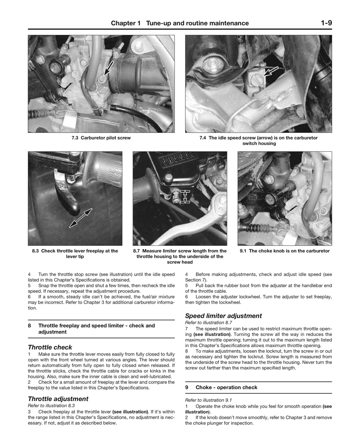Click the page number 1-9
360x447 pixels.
326,23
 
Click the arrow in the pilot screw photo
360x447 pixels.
108,68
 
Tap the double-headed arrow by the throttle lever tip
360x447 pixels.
81,218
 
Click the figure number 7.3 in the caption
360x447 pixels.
75,138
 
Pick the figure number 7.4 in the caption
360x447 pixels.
203,138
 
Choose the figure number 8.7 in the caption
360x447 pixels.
136,251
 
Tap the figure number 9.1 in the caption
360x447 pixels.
243,251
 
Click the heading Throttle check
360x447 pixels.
50,347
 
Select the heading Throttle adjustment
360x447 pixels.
58,399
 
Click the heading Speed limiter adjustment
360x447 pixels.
223,316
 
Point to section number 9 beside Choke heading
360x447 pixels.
187,387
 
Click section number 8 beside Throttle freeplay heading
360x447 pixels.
29,325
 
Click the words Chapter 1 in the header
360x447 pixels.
126,23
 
